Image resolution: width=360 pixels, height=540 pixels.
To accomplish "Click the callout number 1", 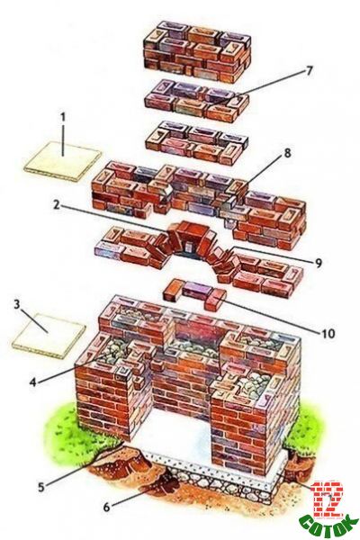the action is (x=63, y=117).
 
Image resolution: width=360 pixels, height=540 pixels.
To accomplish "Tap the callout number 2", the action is (x=57, y=205).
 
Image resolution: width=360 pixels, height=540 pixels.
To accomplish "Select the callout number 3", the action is (x=16, y=305).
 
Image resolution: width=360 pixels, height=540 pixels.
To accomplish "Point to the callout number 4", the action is (x=33, y=382).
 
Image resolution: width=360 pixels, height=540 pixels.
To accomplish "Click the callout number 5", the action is (x=41, y=487).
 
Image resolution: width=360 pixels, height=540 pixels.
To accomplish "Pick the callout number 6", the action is (x=107, y=506).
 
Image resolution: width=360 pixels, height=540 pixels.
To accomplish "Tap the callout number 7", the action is (x=309, y=70).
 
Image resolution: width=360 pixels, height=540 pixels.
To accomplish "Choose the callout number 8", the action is (x=287, y=153).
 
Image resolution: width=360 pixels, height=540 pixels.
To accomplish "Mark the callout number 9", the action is (x=318, y=263).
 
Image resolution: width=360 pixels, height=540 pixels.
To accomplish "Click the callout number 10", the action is (x=328, y=333).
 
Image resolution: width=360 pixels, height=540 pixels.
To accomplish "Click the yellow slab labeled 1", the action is (x=63, y=161).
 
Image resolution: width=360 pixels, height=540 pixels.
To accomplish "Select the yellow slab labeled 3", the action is (x=49, y=336).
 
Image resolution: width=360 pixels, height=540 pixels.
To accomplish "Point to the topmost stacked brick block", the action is (x=197, y=51).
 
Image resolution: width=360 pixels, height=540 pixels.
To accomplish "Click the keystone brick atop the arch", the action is (x=189, y=230).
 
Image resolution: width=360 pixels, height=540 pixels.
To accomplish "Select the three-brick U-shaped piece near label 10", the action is (x=194, y=293).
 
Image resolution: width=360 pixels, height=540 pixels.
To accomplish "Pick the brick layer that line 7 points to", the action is (x=197, y=100).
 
